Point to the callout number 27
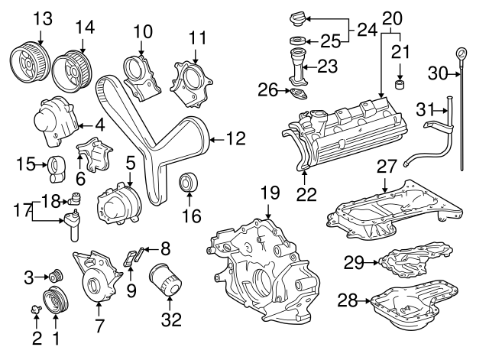click(x=387, y=165)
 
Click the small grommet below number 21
click(x=399, y=83)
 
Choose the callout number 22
click(x=306, y=194)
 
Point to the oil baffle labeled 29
click(x=415, y=262)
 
